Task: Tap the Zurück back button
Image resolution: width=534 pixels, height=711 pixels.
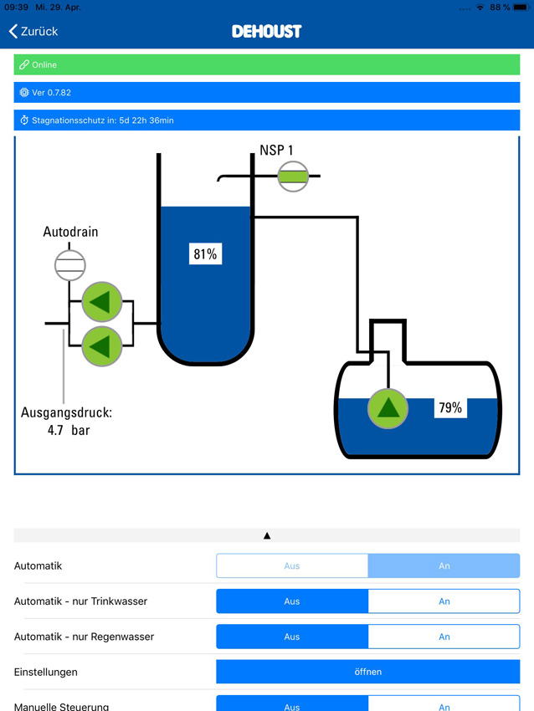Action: tap(33, 31)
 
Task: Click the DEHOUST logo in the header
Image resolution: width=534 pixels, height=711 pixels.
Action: tap(267, 31)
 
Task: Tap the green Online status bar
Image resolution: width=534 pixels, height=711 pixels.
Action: tap(267, 65)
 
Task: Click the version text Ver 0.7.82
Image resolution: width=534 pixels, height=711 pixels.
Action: tap(51, 93)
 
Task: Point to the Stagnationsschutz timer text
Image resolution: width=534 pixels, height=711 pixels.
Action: tap(103, 120)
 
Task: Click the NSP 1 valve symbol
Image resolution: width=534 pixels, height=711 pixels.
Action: tap(293, 176)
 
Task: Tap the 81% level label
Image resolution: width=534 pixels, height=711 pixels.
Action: tap(205, 254)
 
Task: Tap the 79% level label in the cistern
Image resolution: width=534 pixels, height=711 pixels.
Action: tap(450, 407)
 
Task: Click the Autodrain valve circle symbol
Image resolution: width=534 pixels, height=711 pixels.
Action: tap(69, 265)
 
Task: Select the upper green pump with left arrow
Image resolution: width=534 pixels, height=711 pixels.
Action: tap(101, 302)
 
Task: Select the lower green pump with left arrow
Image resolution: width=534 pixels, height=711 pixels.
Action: tap(101, 346)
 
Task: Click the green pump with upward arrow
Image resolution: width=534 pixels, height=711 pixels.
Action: tap(388, 408)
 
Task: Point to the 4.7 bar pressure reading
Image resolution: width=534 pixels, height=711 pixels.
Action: tap(69, 430)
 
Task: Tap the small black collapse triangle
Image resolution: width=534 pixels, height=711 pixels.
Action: tap(267, 535)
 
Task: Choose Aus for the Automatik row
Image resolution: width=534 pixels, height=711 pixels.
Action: tap(292, 566)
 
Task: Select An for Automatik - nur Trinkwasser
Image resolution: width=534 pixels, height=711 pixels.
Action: tap(444, 601)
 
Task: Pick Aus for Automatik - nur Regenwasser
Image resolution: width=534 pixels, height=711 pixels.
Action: tap(292, 637)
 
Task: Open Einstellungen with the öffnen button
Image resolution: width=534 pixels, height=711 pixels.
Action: tap(368, 672)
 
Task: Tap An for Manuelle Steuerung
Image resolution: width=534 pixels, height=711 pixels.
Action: tap(444, 704)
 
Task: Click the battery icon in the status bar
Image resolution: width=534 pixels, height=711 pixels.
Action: tap(521, 8)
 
